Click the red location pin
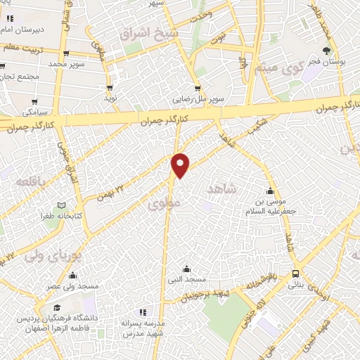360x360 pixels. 181,165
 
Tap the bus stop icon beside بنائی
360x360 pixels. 295,274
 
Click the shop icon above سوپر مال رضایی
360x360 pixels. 198,89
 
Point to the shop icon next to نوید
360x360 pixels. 110,88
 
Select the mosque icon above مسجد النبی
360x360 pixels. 186,268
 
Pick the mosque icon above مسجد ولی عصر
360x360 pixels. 72,275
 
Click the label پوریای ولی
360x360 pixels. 44,254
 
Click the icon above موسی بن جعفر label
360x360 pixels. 270,191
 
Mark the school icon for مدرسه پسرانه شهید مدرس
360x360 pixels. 143,311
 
